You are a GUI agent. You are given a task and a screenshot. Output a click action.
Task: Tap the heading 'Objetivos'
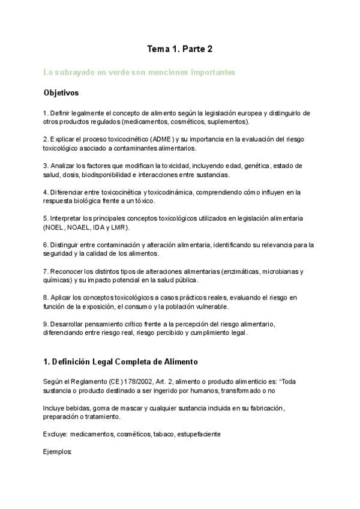click(x=61, y=94)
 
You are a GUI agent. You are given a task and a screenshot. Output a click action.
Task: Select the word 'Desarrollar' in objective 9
click(x=67, y=324)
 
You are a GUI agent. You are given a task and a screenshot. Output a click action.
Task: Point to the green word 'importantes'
click(x=209, y=73)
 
